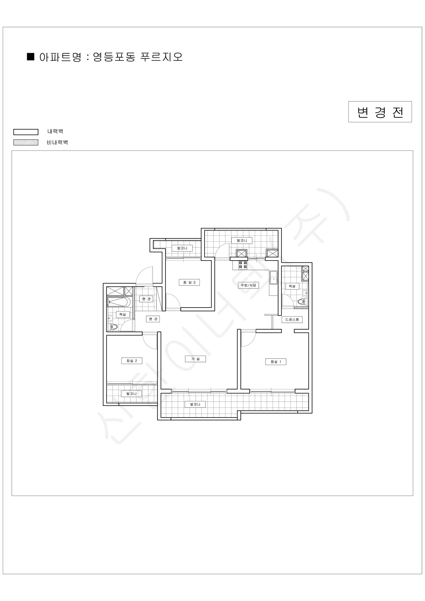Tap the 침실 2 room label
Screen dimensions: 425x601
(x=132, y=361)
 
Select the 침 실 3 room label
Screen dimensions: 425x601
(x=189, y=282)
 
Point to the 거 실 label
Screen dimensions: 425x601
(x=195, y=359)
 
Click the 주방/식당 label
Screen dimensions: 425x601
(x=248, y=285)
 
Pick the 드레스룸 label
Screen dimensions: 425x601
(x=292, y=320)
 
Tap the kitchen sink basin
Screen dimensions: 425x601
(x=274, y=278)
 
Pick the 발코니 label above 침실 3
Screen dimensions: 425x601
(x=182, y=248)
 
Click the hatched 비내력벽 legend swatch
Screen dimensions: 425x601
(x=26, y=142)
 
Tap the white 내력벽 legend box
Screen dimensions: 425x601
(x=26, y=132)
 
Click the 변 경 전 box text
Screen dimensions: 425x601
(x=380, y=112)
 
